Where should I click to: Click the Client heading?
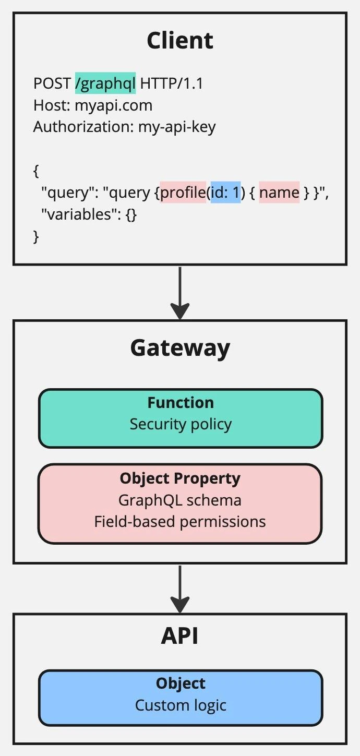point(180,41)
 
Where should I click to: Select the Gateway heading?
point(180,348)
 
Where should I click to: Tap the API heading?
point(180,636)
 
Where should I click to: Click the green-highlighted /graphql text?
point(105,83)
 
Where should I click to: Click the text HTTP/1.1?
point(172,83)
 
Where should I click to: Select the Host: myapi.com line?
point(93,105)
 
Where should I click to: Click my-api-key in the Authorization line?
point(177,127)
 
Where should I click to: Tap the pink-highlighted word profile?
point(183,193)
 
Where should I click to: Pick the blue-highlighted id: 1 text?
point(225,193)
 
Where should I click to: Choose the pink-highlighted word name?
point(279,193)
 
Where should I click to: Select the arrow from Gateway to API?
point(180,589)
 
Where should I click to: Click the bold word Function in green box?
point(181,403)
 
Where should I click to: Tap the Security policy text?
point(181,424)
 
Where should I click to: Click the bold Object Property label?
point(180,478)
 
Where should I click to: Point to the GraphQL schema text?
point(180,500)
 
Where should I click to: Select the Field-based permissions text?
point(180,521)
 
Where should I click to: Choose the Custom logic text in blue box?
point(181,705)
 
